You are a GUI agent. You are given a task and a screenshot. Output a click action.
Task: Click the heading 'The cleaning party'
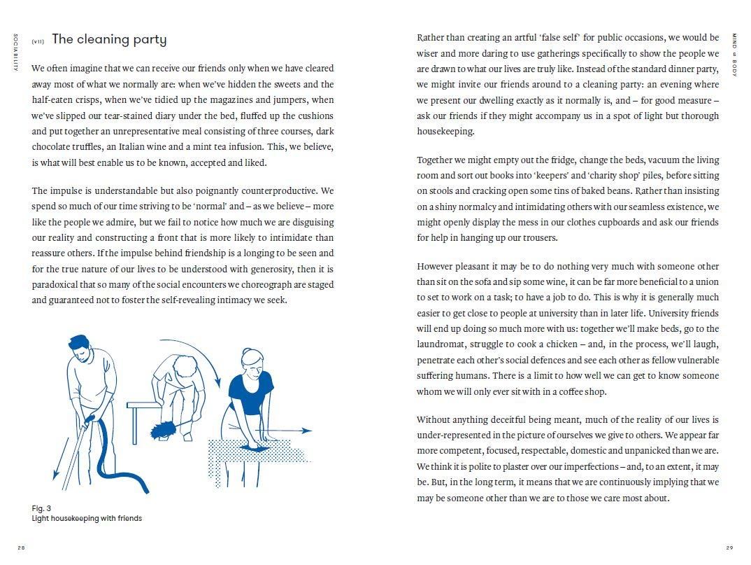pyautogui.click(x=109, y=39)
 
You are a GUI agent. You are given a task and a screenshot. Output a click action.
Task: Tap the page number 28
pyautogui.click(x=21, y=547)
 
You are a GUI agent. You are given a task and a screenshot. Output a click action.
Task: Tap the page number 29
pyautogui.click(x=729, y=547)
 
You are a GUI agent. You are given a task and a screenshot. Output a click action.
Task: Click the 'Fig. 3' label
pyautogui.click(x=41, y=508)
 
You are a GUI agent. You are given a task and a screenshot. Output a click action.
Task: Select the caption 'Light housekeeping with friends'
pyautogui.click(x=87, y=518)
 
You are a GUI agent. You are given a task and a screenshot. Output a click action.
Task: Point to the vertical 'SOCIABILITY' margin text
pyautogui.click(x=15, y=52)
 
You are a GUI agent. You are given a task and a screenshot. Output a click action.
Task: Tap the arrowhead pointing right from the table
pyautogui.click(x=308, y=431)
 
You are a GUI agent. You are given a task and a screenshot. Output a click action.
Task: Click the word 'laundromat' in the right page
pyautogui.click(x=440, y=344)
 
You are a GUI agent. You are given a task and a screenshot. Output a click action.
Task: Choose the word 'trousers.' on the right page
pyautogui.click(x=539, y=237)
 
